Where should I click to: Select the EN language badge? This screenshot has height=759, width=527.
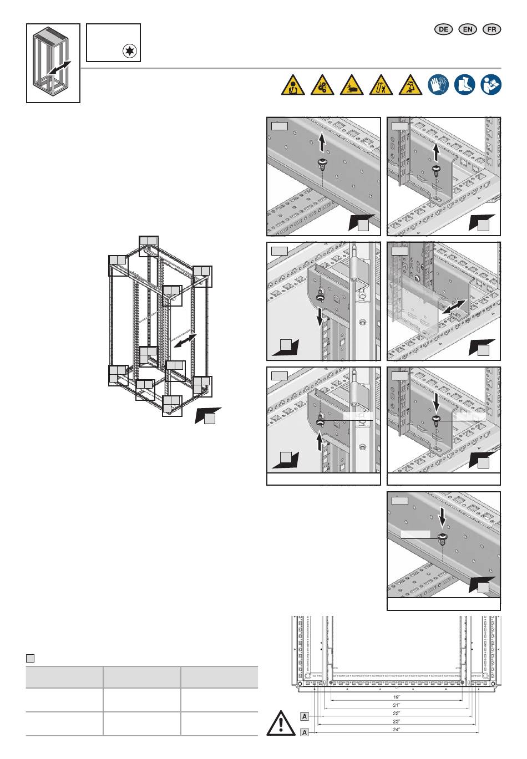click(x=468, y=29)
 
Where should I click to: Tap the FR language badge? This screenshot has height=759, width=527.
click(x=492, y=29)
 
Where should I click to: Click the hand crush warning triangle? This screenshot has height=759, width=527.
click(x=352, y=86)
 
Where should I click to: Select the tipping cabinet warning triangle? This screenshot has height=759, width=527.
click(x=381, y=86)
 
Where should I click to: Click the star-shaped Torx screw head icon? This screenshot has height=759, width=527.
click(x=131, y=52)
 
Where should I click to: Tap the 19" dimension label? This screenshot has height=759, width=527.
click(x=397, y=696)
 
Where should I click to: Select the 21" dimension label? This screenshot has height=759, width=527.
click(x=397, y=705)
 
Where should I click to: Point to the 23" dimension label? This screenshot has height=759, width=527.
click(x=397, y=721)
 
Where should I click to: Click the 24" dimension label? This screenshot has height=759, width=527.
click(x=397, y=731)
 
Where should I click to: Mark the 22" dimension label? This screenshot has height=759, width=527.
click(x=397, y=713)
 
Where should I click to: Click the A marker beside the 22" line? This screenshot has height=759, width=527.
click(x=305, y=716)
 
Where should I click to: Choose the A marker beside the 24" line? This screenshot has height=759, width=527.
click(x=305, y=732)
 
